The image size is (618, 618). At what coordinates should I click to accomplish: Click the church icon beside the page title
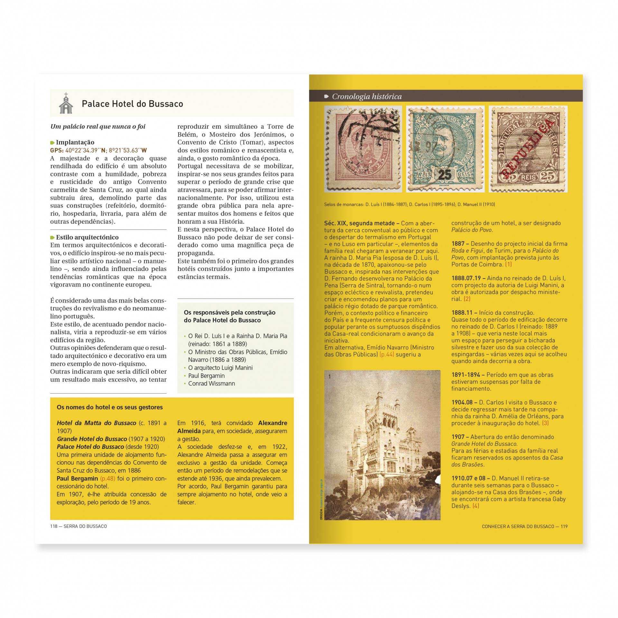[x=66, y=103]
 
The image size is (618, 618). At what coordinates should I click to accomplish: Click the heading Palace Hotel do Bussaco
[x=132, y=104]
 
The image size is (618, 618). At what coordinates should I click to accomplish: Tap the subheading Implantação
[x=75, y=142]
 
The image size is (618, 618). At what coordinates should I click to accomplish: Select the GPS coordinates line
[x=98, y=150]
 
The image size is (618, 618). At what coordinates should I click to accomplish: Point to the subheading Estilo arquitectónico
[x=87, y=237]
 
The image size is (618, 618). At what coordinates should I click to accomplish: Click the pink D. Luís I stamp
[x=363, y=149]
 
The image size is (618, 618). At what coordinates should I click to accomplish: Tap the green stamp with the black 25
[x=445, y=149]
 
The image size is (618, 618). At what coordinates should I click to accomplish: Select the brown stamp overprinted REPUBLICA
[x=528, y=149]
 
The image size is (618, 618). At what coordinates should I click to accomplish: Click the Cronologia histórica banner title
[x=367, y=97]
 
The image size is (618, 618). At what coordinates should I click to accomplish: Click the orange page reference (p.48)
[x=108, y=479]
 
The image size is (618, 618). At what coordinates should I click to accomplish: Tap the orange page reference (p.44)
[x=387, y=354]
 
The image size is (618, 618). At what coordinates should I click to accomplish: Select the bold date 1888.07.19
[x=466, y=278]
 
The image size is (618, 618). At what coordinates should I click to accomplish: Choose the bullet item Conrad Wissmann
[x=211, y=384]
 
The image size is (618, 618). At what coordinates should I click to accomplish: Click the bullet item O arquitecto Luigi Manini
[x=220, y=368]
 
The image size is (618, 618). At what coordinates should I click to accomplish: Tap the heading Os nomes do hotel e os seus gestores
[x=110, y=407]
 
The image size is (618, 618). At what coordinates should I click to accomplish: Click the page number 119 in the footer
[x=564, y=527]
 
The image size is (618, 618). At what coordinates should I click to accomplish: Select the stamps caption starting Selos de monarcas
[x=409, y=204]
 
